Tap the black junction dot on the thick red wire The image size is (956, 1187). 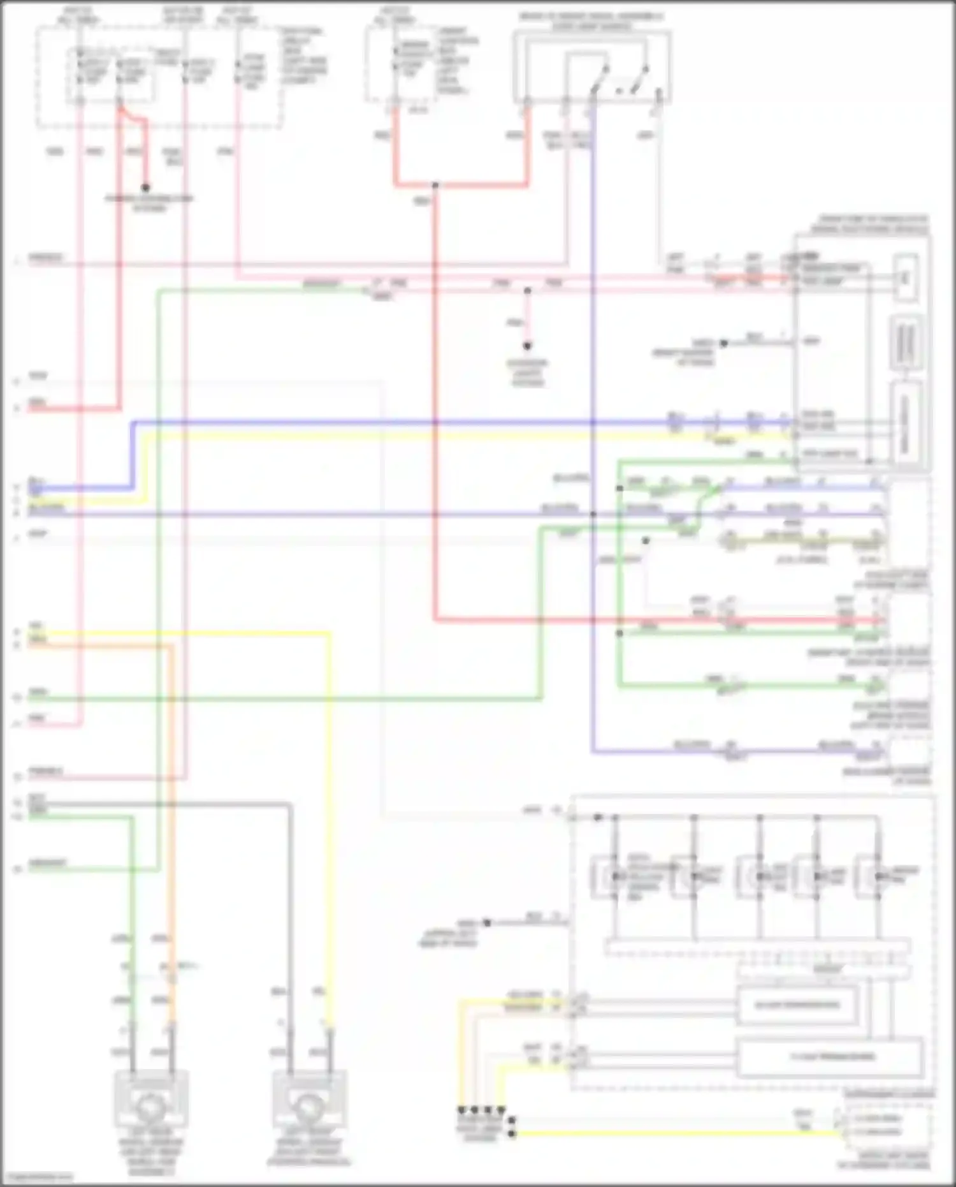pos(435,186)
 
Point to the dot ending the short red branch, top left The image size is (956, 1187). pos(145,188)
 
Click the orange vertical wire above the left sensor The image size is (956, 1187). pos(171,829)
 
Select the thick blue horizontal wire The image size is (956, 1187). pos(446,422)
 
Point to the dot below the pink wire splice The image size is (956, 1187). pos(527,346)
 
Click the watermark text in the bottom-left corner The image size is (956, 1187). pos(38,1176)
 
